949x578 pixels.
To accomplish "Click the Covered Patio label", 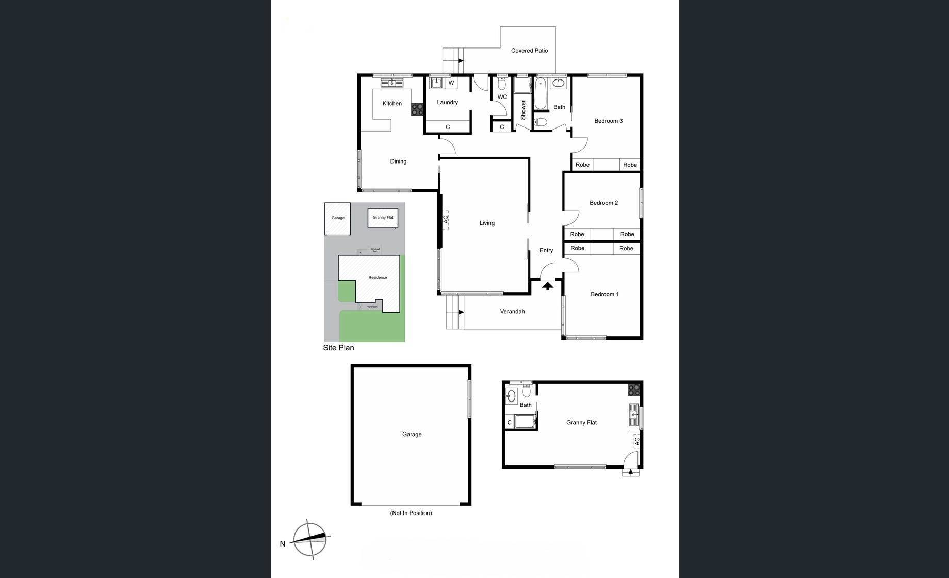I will click(529, 51).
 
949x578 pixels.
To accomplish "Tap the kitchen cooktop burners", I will click(417, 109).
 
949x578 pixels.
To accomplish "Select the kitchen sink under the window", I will click(392, 83).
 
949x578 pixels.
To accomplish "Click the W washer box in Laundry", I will click(451, 83).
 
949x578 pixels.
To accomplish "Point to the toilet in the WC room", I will click(502, 84).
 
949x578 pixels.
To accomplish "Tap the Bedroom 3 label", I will click(608, 121).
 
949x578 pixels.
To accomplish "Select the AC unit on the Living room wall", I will click(445, 220).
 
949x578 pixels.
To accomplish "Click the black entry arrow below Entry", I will click(548, 285).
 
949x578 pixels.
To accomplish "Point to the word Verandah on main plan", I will click(512, 312).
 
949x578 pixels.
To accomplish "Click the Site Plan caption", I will click(338, 348).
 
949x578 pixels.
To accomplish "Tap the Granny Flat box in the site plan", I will click(383, 218).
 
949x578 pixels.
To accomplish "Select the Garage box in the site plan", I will click(337, 218).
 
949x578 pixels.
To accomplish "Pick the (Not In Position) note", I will click(411, 513).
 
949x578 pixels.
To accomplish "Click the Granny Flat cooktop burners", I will click(634, 390).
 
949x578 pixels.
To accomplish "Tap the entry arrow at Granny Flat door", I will click(630, 471).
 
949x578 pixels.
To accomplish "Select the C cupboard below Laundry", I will click(448, 127).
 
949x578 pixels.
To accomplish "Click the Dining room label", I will click(398, 162).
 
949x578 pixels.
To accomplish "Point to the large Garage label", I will click(412, 435).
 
